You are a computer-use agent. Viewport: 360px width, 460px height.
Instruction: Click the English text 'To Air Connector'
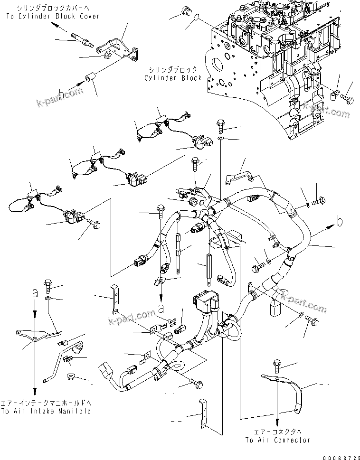pos(277,440)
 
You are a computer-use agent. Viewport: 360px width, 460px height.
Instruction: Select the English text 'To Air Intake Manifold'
pos(46,411)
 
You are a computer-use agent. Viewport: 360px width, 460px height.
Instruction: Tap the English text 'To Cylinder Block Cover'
pos(53,16)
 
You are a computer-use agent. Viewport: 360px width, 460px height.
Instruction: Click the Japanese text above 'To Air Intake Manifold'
pos(46,403)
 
